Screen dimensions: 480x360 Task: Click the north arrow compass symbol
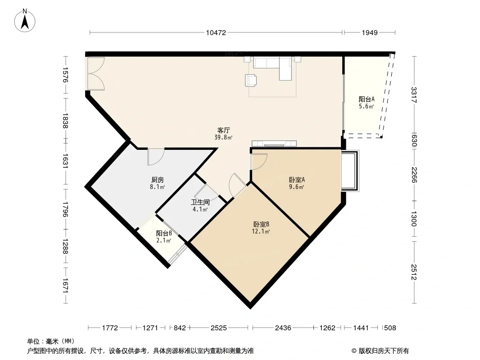(25, 21)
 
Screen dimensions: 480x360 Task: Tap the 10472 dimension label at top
(216, 33)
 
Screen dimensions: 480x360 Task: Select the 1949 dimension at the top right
(370, 33)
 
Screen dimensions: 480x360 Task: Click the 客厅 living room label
(223, 130)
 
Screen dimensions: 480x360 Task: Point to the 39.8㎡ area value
(223, 138)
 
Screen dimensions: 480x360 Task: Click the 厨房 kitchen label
(157, 180)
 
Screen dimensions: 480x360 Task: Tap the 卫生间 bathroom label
(200, 202)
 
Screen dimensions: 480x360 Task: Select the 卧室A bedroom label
(297, 180)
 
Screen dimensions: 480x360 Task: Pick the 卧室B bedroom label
(261, 225)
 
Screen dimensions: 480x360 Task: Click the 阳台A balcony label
(367, 99)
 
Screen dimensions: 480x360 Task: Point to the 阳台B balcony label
(164, 234)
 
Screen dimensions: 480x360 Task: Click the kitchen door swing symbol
(156, 157)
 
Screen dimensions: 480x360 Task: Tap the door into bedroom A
(258, 162)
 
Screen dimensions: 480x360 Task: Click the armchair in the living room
(251, 80)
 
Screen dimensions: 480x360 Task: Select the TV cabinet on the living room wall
(274, 144)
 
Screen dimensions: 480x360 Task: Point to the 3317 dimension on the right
(414, 95)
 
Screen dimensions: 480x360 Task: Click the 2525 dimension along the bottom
(218, 328)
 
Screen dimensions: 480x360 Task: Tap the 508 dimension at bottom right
(389, 328)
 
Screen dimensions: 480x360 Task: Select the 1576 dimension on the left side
(65, 75)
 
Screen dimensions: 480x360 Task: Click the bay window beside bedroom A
(350, 171)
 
